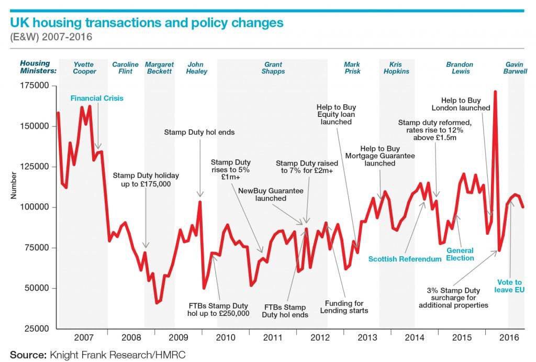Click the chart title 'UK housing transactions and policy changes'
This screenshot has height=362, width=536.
point(147,23)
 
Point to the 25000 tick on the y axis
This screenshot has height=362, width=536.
point(33,328)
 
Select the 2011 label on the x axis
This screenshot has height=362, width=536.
point(272,338)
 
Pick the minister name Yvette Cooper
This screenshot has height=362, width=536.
point(84,68)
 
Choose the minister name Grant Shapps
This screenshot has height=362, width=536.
point(273,68)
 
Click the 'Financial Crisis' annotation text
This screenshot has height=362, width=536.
point(97,98)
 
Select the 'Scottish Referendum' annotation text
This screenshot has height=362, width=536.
point(405,259)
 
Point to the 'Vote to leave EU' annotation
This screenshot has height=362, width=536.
point(509,286)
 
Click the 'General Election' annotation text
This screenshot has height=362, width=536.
point(460,254)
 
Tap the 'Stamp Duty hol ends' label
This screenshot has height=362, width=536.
point(199,133)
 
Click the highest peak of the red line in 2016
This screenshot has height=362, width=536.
point(495,92)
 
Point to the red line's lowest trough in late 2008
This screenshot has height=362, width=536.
point(157,303)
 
